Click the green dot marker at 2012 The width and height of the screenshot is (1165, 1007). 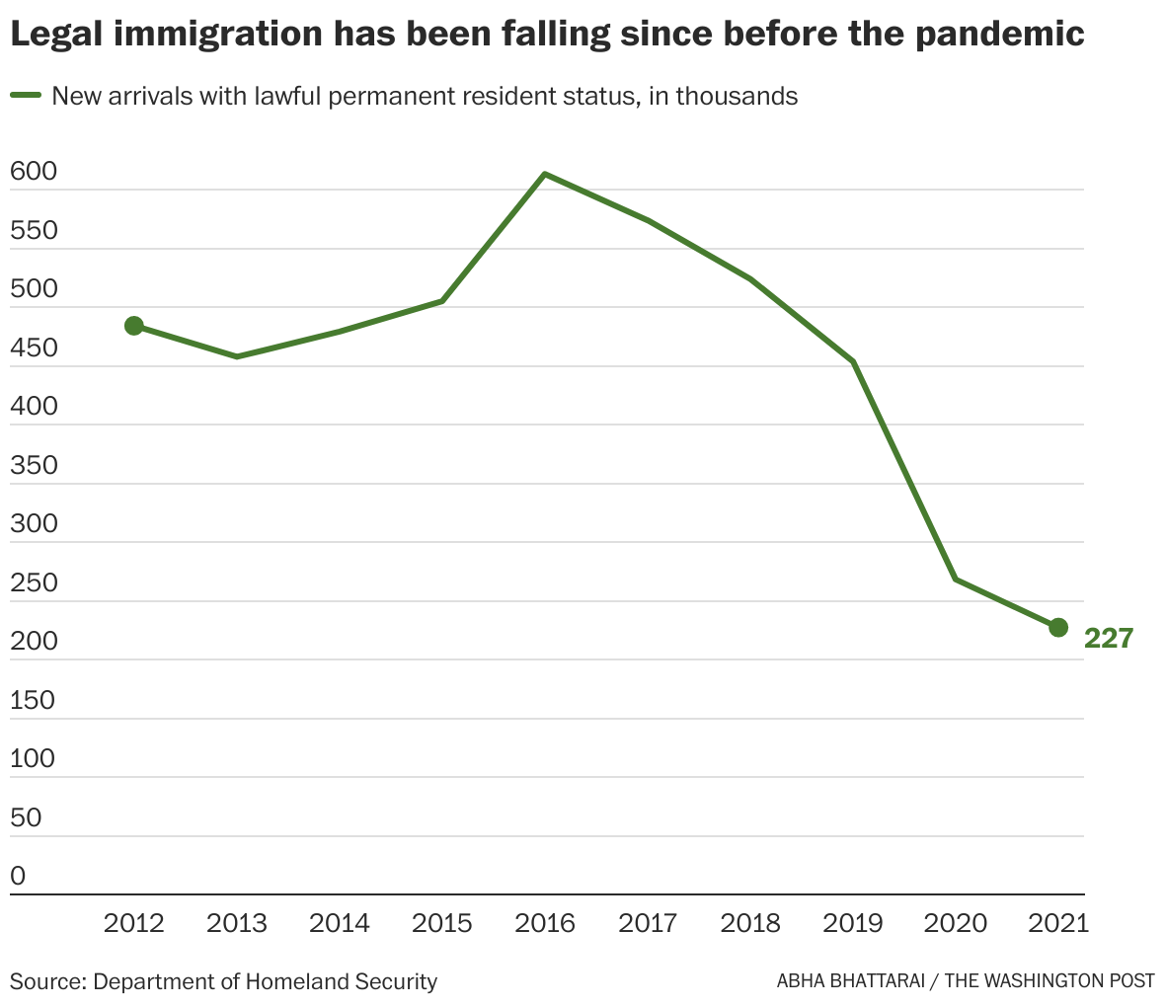tap(134, 326)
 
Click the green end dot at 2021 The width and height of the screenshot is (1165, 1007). tap(1058, 627)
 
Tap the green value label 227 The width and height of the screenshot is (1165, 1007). tap(1109, 639)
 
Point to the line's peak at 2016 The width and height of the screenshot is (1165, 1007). tap(545, 174)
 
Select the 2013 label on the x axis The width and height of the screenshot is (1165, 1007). tap(237, 923)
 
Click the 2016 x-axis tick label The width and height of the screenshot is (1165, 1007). tap(545, 923)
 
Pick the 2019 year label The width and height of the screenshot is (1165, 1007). tap(853, 923)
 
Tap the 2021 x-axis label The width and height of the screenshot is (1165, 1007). tap(1058, 923)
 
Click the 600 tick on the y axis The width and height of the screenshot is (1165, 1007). tap(34, 173)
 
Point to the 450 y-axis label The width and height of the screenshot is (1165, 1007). tap(34, 349)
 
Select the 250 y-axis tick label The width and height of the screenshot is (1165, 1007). tap(34, 583)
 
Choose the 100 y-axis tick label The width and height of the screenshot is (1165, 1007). tap(34, 759)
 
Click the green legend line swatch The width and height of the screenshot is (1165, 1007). tap(26, 96)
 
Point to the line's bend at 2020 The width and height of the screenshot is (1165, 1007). tap(956, 579)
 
